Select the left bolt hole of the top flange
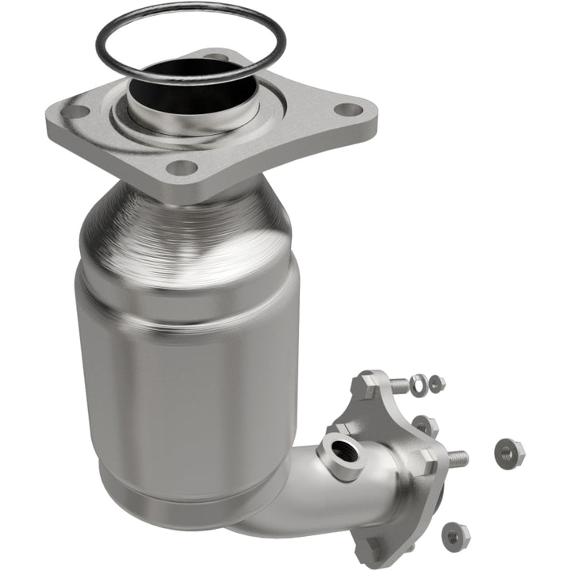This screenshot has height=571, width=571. coord(75,112)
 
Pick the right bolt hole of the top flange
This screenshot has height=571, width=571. coord(346,109)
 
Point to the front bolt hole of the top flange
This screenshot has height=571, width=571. coord(182,167)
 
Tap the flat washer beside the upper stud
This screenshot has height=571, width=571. coord(419,383)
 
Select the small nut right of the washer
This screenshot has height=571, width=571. coord(435,384)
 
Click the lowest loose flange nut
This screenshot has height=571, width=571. coord(456,537)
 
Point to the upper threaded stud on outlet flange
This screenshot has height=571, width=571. coord(399,386)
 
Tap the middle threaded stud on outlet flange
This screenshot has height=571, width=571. coord(456,458)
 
